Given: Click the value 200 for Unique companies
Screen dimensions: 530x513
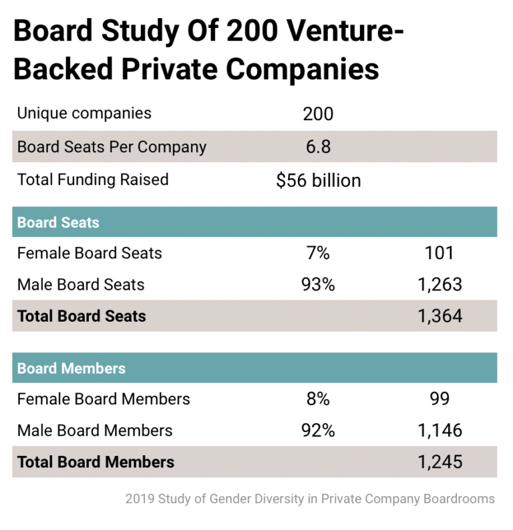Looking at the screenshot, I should (318, 114).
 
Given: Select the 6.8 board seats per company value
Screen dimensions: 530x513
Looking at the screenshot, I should (318, 147).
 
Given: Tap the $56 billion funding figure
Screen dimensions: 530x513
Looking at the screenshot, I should (319, 180).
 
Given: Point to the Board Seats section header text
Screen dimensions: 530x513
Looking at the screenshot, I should (58, 222).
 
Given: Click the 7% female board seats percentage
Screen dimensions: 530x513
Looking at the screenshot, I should (318, 254).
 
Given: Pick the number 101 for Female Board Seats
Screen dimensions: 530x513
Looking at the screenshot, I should (439, 254).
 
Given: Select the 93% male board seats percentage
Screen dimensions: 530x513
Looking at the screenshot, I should (318, 285).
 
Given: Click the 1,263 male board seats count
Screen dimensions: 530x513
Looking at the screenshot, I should (439, 285).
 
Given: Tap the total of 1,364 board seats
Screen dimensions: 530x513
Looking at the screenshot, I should (439, 316).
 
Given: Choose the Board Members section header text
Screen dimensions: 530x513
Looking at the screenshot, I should (71, 368).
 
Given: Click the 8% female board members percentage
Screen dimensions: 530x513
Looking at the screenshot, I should (318, 399).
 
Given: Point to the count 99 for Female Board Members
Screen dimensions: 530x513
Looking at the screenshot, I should (440, 399).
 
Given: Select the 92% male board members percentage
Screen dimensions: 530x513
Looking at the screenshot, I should (318, 431).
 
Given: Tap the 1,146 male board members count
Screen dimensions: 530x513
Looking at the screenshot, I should (439, 431).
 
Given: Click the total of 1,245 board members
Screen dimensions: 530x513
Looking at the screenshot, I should (439, 462).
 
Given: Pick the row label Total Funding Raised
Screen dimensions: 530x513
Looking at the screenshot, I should (93, 180).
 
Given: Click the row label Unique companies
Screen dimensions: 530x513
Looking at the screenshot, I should (84, 113).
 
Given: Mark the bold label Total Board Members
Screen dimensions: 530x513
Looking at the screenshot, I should (96, 462).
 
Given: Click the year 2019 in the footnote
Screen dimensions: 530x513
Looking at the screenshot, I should (140, 499).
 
